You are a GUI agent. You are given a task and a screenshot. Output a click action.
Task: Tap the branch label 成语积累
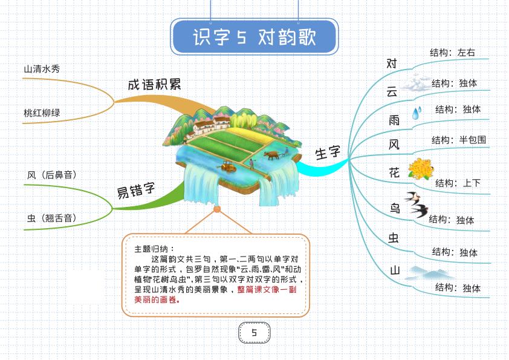point(154,84)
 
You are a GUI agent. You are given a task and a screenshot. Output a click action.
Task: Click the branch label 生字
point(328,152)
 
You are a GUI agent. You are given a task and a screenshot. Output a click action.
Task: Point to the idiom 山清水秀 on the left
point(42,69)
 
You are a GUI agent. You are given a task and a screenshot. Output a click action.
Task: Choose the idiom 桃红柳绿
point(42,113)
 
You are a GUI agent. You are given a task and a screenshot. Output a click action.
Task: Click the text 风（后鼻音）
point(52,175)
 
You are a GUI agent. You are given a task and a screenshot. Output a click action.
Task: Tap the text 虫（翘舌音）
point(52,218)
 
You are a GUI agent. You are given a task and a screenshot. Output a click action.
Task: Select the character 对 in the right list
point(392,63)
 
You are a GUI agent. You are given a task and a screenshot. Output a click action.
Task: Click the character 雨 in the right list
point(394,120)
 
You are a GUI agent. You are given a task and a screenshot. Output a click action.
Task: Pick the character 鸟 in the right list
point(395,209)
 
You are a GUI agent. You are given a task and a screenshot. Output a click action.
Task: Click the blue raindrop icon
point(416,113)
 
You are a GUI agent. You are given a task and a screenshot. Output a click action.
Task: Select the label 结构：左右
point(452,53)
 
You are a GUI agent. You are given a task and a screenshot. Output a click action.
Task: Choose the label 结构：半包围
point(458,140)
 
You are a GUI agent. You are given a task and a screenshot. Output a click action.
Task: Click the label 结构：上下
point(458,183)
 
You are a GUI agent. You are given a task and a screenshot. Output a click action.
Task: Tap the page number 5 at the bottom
point(254,332)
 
